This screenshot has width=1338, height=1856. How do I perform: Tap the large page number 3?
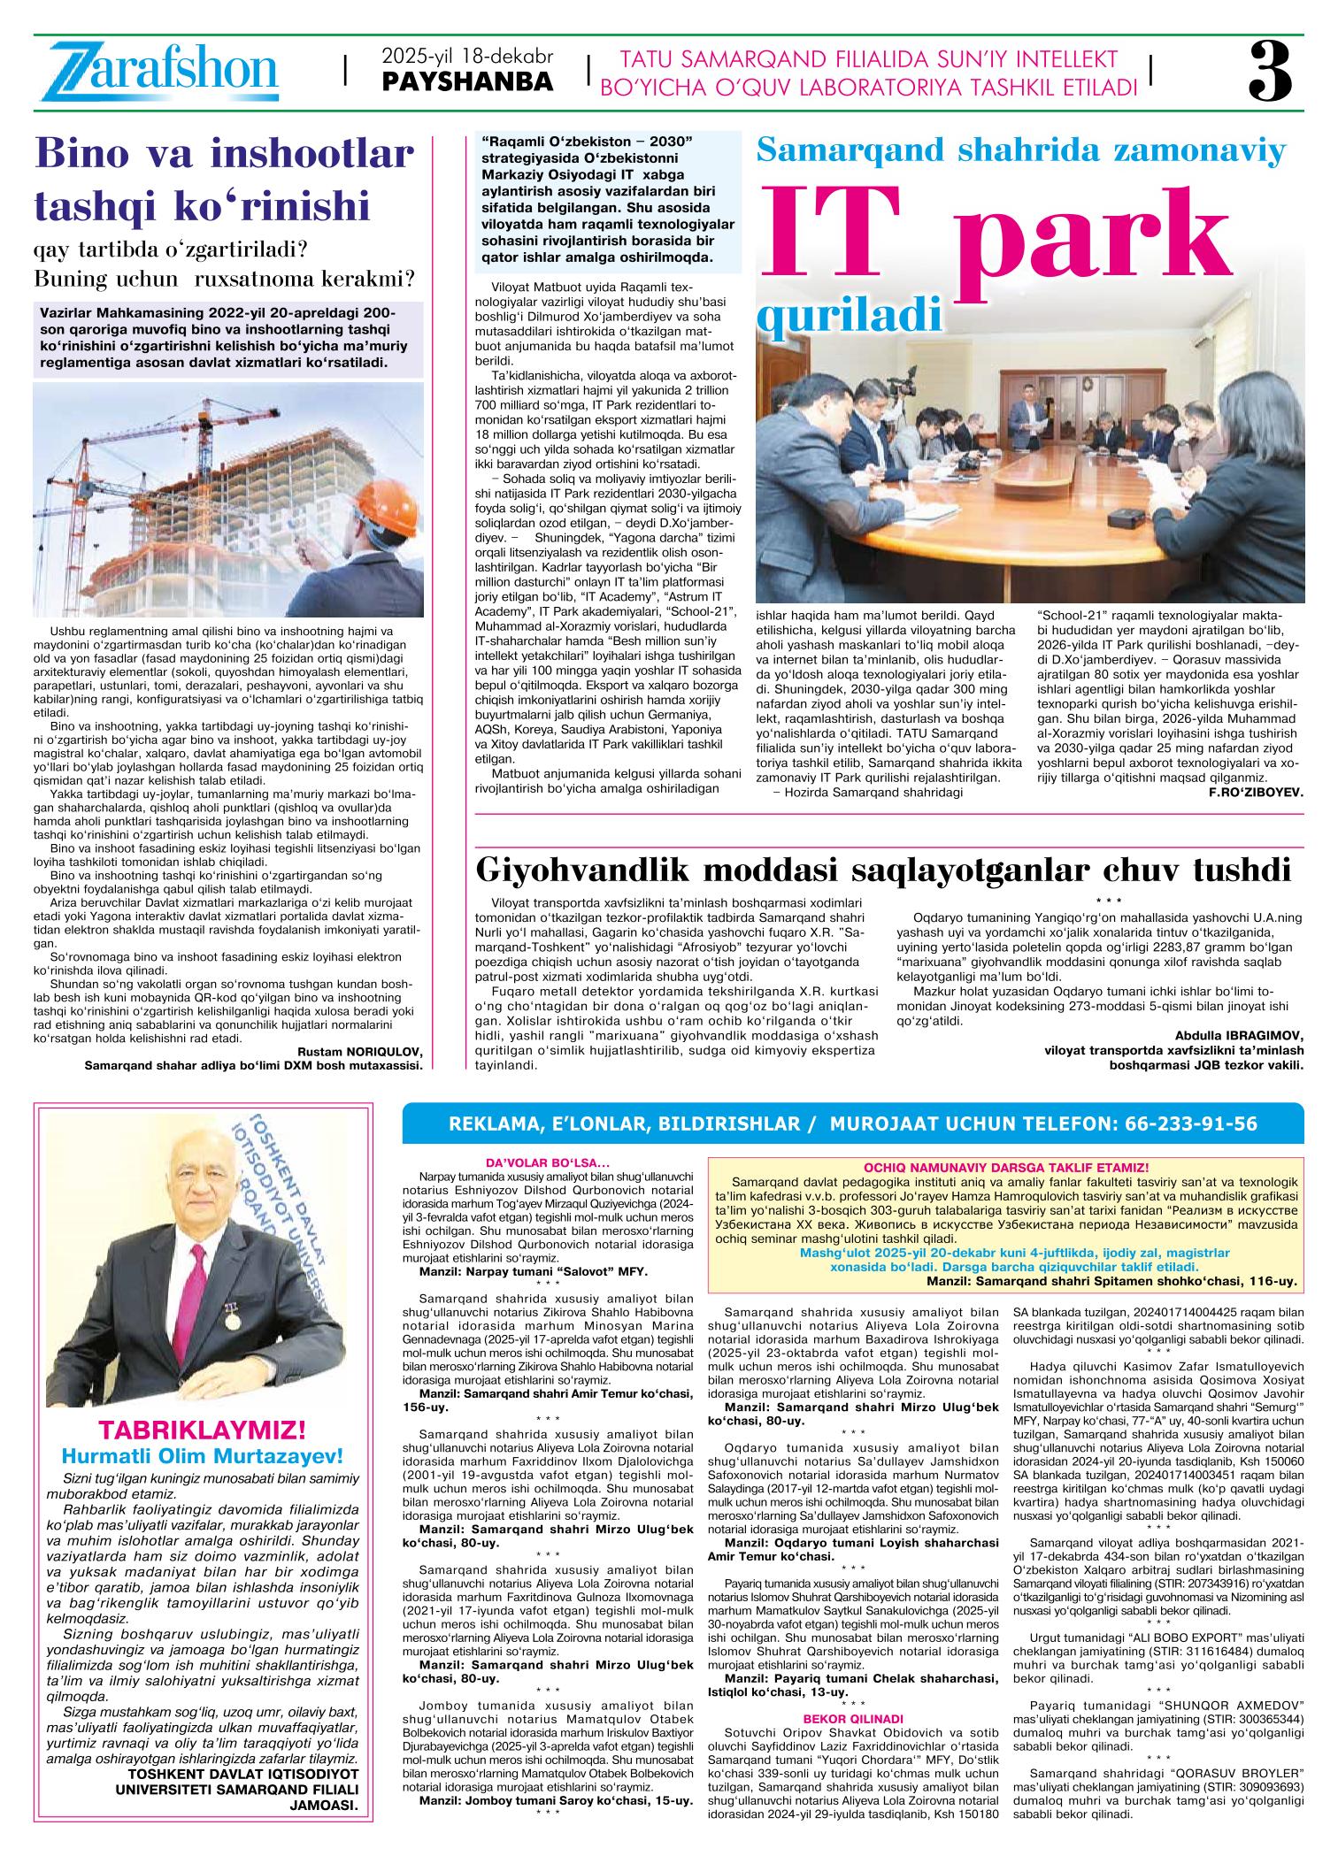coord(1271,73)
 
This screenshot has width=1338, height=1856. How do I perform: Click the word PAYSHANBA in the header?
coord(468,82)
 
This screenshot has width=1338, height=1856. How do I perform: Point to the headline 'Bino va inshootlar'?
coord(224,156)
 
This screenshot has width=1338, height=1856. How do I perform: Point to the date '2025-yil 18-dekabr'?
coord(467,57)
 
